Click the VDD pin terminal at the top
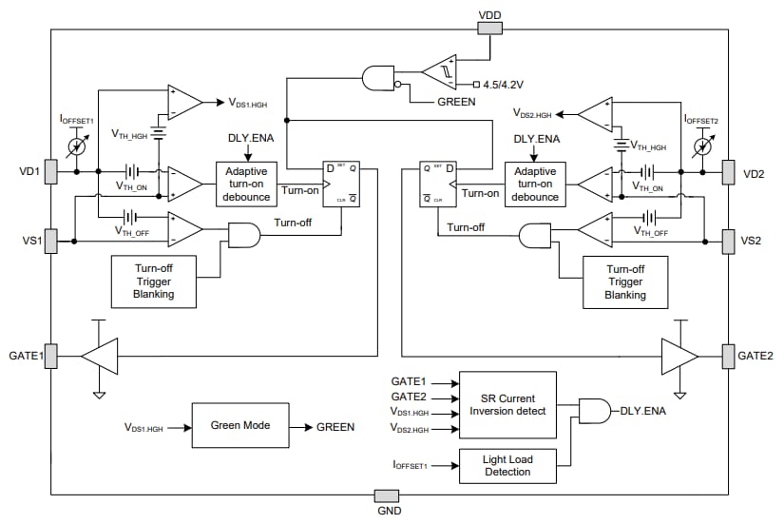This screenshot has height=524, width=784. tap(488, 28)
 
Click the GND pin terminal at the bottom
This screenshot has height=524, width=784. tap(387, 495)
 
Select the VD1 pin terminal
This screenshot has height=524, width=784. tap(50, 173)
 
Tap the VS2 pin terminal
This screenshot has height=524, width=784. tap(729, 239)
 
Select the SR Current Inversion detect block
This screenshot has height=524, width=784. tap(507, 403)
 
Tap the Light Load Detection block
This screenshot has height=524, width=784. tap(507, 465)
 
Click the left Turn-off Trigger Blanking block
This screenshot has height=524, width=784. tap(154, 281)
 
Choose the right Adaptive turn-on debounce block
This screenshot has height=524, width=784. tap(535, 183)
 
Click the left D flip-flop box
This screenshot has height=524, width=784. tap(341, 182)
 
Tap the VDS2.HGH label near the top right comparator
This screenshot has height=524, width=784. tap(533, 113)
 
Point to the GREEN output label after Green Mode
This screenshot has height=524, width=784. tap(335, 427)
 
